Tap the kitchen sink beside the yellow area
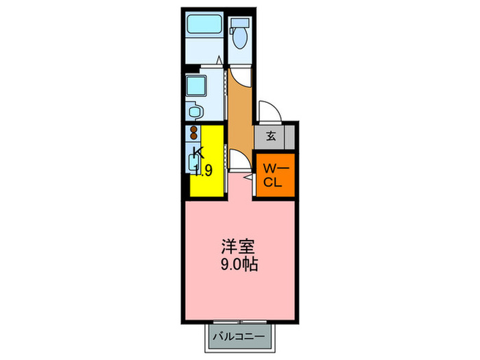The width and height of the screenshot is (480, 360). [193, 162]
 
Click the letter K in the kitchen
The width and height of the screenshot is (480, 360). [198, 152]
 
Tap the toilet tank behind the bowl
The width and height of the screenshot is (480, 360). [240, 23]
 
